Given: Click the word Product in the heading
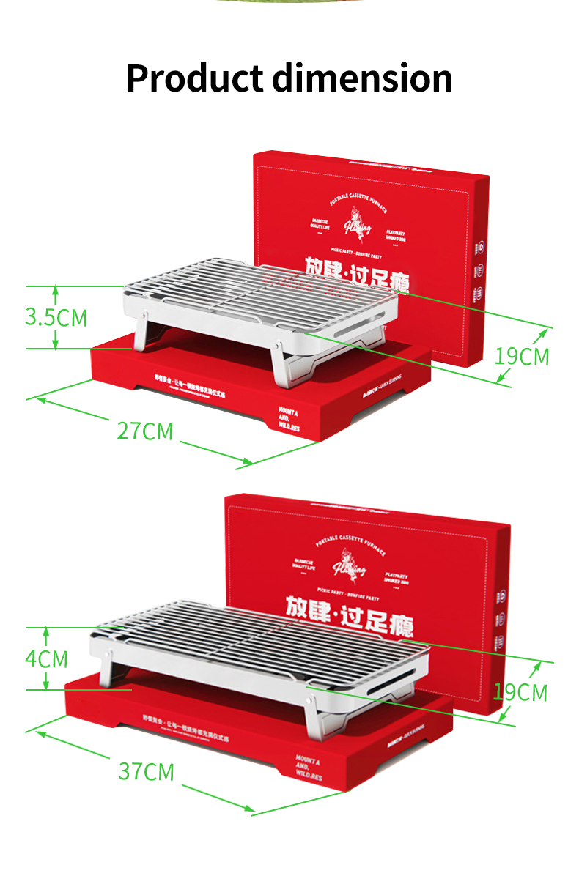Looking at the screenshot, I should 194,78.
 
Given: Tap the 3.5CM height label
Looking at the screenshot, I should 56,318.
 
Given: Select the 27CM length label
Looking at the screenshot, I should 145,431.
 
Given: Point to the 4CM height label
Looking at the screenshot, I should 46,658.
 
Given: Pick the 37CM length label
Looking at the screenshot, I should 147,771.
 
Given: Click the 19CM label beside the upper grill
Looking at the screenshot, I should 521,357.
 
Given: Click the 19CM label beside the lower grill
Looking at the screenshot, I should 520,692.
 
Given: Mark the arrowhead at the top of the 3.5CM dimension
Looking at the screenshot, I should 55,289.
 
